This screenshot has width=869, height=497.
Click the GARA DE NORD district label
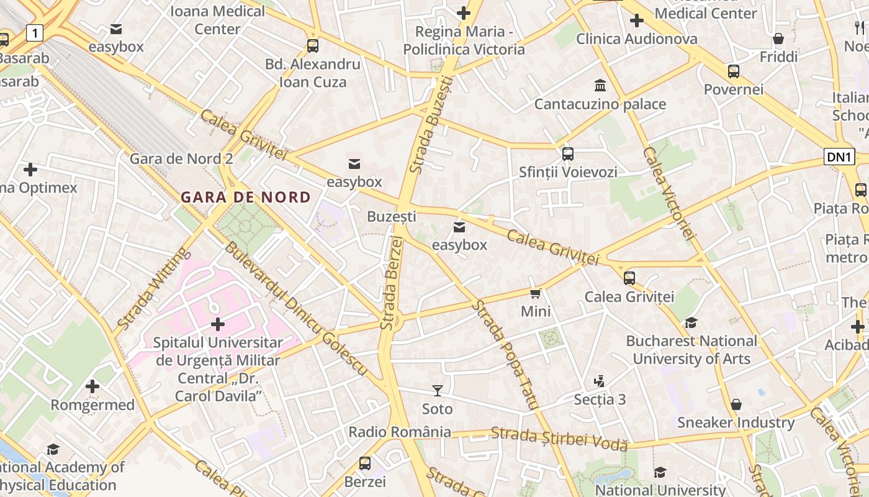tap(246, 198)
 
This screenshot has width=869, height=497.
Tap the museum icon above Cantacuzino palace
tap(600, 85)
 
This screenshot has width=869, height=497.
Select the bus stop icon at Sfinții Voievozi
tap(567, 153)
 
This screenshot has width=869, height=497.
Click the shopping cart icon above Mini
tap(536, 293)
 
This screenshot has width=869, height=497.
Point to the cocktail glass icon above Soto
tap(438, 391)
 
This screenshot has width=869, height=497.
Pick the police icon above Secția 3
tap(599, 381)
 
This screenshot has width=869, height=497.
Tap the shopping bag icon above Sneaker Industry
tap(736, 405)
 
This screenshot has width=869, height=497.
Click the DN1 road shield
tap(839, 157)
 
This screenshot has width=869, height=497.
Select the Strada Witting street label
tap(151, 289)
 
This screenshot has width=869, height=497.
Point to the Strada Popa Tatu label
tap(504, 354)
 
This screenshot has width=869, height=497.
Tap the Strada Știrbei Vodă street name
tap(559, 439)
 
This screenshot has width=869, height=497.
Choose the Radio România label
tap(400, 432)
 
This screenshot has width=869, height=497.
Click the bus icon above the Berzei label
tap(365, 463)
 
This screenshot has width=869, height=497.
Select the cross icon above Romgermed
tap(92, 386)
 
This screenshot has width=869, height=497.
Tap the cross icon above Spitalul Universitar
tap(218, 324)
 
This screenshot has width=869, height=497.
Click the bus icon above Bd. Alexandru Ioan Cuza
tap(313, 45)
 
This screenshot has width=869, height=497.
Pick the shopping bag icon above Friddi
tap(778, 39)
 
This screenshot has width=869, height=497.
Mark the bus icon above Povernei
tap(734, 71)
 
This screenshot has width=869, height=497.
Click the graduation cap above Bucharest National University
tap(691, 322)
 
